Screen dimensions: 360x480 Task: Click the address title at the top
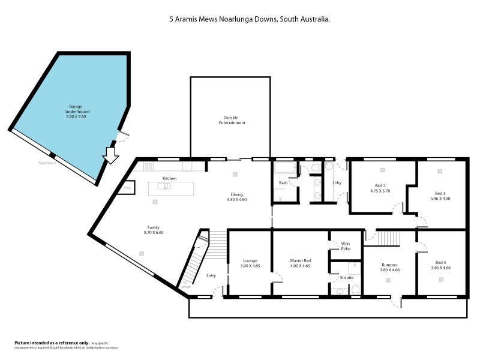click(249, 19)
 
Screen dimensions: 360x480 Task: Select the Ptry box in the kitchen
click(127, 188)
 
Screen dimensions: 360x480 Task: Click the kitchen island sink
click(164, 186)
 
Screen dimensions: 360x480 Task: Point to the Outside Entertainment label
click(232, 120)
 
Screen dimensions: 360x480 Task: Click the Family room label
click(154, 229)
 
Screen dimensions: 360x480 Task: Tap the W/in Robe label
click(346, 246)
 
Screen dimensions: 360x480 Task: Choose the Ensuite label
click(346, 277)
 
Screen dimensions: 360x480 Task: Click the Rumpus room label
click(390, 267)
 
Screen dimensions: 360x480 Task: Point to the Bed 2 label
click(380, 188)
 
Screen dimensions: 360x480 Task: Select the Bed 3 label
click(440, 196)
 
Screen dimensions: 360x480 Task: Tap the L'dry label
click(337, 182)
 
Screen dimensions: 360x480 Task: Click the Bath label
click(283, 182)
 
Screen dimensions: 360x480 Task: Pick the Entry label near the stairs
click(211, 275)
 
